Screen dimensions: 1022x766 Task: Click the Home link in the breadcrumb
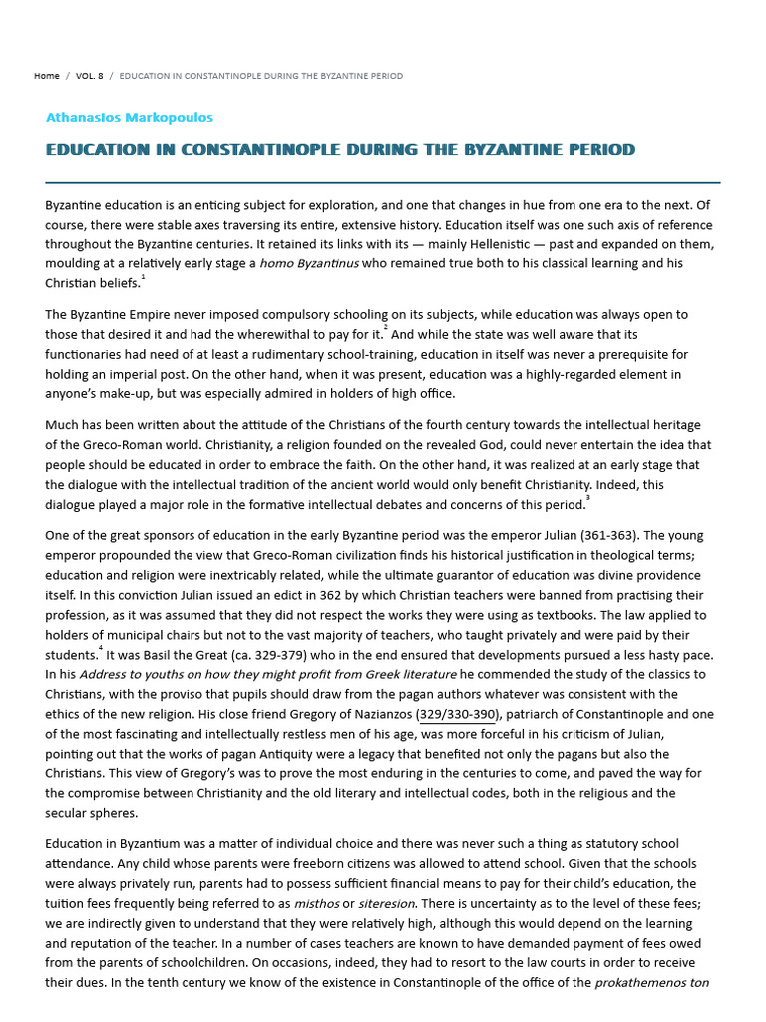click(46, 76)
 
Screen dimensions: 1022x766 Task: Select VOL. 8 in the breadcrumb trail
click(90, 76)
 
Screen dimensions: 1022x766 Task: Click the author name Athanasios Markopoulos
click(130, 117)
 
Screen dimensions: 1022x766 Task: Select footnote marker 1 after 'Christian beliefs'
click(143, 278)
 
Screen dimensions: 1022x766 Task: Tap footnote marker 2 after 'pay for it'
click(386, 328)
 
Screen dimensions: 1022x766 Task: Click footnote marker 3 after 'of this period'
click(587, 498)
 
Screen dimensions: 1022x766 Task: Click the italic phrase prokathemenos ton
click(652, 983)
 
